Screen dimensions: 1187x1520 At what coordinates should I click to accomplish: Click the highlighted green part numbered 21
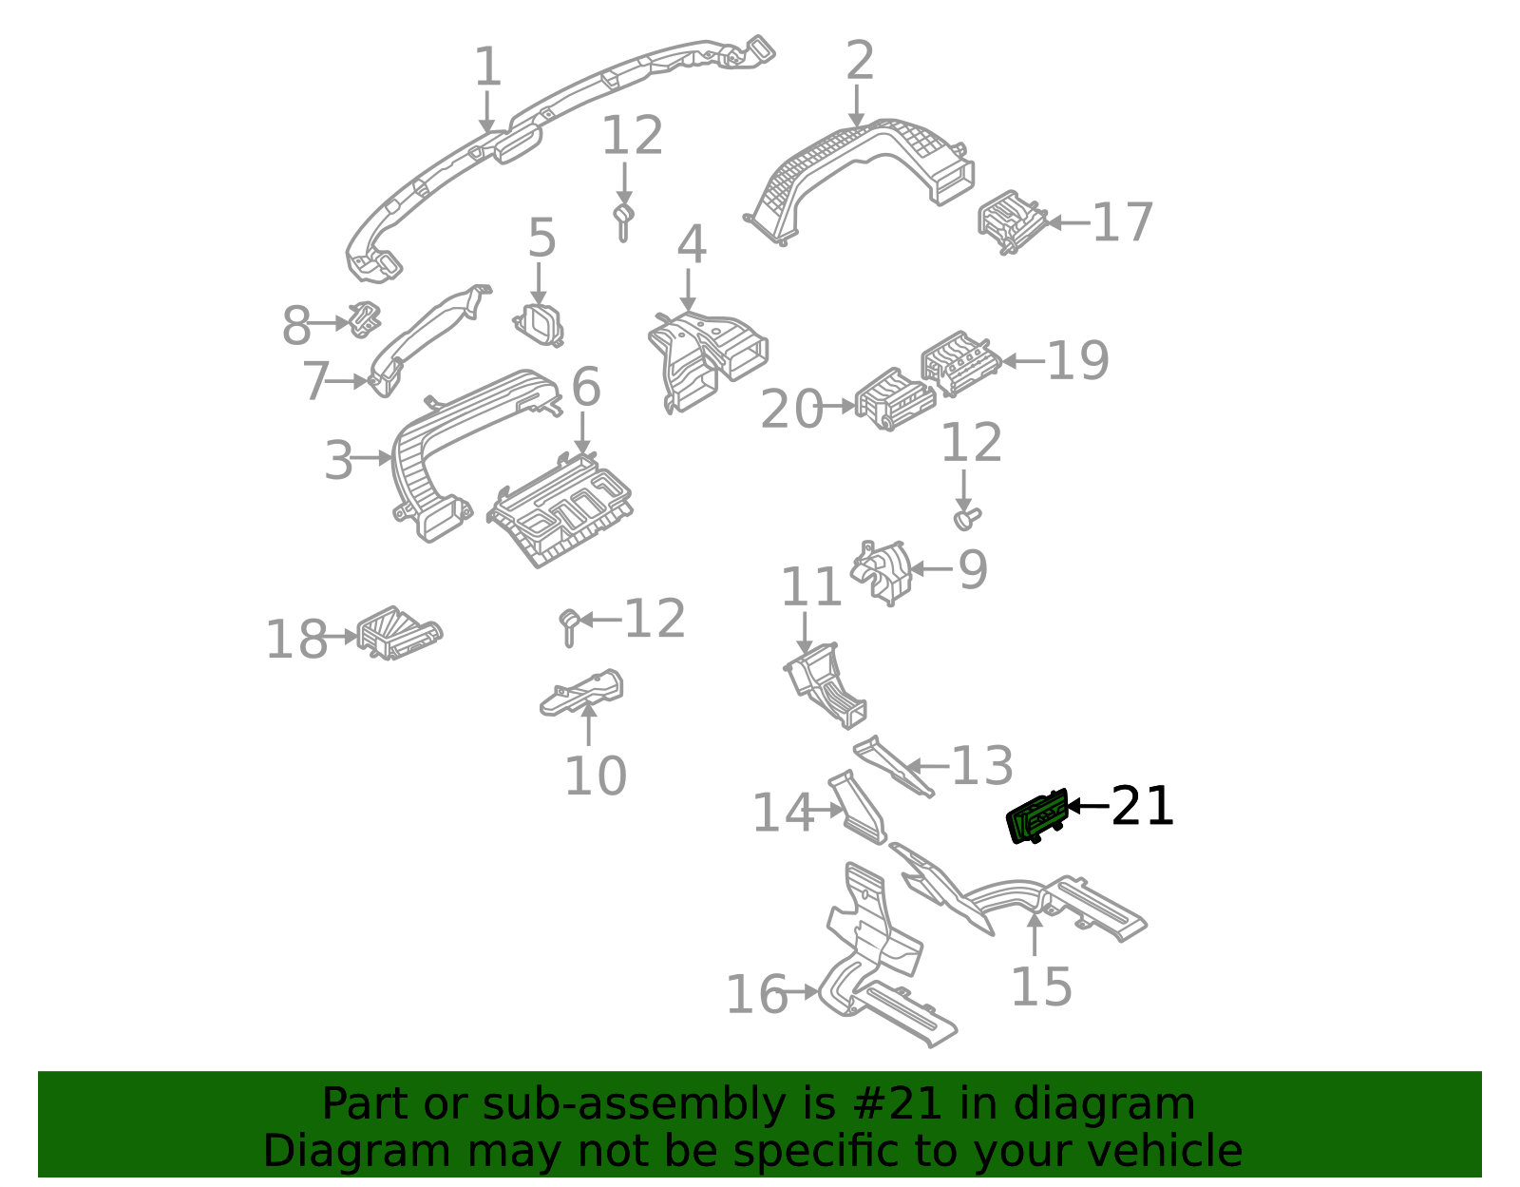pyautogui.click(x=1036, y=816)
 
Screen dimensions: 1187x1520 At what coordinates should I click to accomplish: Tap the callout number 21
pyautogui.click(x=1142, y=807)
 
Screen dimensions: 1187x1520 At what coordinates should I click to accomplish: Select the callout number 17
pyautogui.click(x=1122, y=223)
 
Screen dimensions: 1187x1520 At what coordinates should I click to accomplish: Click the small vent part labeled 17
pyautogui.click(x=1011, y=221)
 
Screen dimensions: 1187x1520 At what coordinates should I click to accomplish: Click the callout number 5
pyautogui.click(x=541, y=238)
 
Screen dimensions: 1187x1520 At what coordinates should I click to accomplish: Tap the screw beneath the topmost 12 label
pyautogui.click(x=623, y=221)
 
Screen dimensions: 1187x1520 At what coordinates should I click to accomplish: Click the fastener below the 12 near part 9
pyautogui.click(x=966, y=518)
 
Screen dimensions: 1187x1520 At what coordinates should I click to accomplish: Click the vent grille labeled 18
pyautogui.click(x=397, y=634)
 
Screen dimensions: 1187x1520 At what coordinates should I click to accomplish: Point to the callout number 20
pyautogui.click(x=791, y=410)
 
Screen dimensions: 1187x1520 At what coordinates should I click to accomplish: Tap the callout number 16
pyautogui.click(x=756, y=995)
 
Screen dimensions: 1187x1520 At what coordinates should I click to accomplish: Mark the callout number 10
pyautogui.click(x=595, y=775)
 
